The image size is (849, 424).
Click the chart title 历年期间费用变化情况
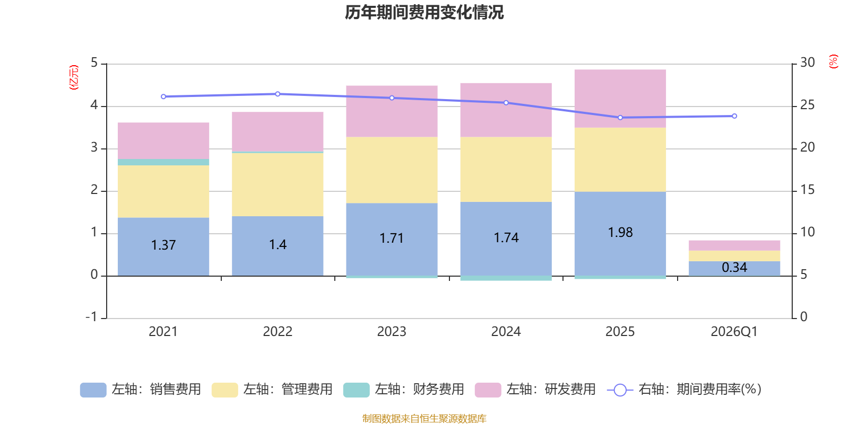[424, 12]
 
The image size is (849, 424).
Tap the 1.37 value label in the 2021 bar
[163, 245]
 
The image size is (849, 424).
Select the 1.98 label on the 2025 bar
[620, 232]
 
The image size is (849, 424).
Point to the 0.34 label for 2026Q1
[734, 268]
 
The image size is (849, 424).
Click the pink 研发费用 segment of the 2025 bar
[620, 99]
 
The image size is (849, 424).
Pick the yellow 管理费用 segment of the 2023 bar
[392, 170]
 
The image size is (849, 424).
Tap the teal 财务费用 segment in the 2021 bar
[163, 162]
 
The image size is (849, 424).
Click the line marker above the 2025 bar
[620, 118]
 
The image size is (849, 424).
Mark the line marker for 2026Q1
[734, 116]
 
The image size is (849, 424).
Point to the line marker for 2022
[278, 94]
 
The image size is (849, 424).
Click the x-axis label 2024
[506, 332]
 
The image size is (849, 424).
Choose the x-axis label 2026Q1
[734, 332]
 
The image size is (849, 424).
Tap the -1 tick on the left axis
[92, 317]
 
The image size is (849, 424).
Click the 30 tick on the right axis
[807, 63]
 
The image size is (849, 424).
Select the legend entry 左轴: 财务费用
[404, 390]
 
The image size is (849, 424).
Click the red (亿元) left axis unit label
[74, 77]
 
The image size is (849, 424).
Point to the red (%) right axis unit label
[834, 61]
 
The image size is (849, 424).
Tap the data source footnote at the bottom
[424, 419]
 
